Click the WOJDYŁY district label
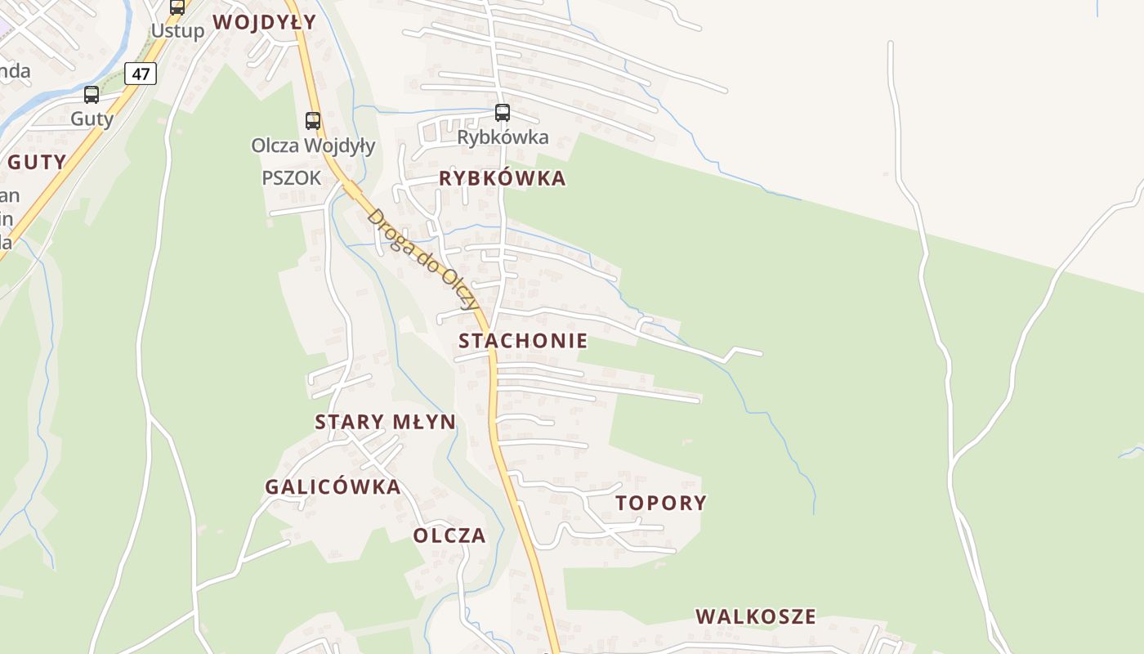tap(265, 22)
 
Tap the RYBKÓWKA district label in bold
tap(503, 178)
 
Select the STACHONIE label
tap(523, 341)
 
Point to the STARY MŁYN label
tap(386, 422)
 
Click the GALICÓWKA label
tap(333, 487)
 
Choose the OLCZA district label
tap(449, 535)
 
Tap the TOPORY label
tap(661, 503)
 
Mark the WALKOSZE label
tap(756, 616)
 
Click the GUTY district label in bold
tap(37, 162)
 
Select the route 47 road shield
tap(141, 74)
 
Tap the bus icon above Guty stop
tap(92, 95)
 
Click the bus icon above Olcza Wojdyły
tap(313, 121)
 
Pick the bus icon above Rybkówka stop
tap(503, 113)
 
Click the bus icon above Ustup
tap(177, 7)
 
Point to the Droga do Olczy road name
tap(422, 260)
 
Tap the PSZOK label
tap(292, 177)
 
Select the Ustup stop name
tap(177, 31)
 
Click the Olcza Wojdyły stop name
tap(313, 146)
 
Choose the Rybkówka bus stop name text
tap(503, 137)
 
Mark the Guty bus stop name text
tap(92, 119)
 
